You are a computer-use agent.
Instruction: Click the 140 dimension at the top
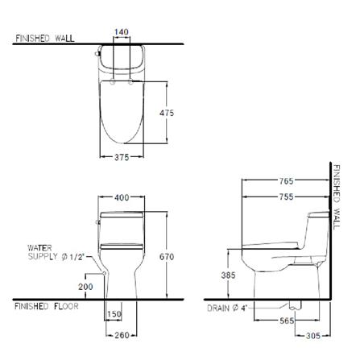pyautogui.click(x=122, y=32)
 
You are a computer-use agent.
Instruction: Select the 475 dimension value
pyautogui.click(x=167, y=114)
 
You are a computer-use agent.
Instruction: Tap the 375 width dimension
pyautogui.click(x=121, y=158)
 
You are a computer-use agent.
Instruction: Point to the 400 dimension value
pyautogui.click(x=122, y=197)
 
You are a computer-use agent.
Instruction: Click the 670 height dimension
pyautogui.click(x=167, y=256)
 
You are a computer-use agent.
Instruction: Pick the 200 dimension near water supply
pyautogui.click(x=86, y=287)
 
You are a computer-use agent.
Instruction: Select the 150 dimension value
pyautogui.click(x=114, y=315)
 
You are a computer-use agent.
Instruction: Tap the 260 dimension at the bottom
pyautogui.click(x=121, y=335)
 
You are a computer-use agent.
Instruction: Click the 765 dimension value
pyautogui.click(x=286, y=182)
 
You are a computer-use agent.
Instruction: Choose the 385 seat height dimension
pyautogui.click(x=228, y=275)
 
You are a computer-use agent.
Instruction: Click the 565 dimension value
pyautogui.click(x=286, y=321)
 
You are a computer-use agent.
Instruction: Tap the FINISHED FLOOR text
pyautogui.click(x=47, y=307)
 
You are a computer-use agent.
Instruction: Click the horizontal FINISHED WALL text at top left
pyautogui.click(x=45, y=38)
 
